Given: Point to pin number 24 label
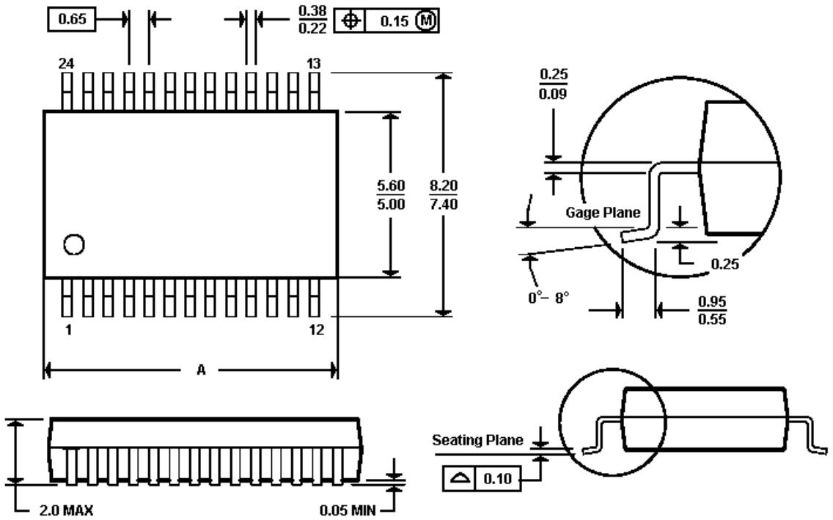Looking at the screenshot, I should click(66, 64).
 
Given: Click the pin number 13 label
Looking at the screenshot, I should click(314, 64).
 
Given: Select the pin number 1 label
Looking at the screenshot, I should click(68, 329).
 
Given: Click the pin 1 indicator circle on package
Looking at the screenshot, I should click(73, 243).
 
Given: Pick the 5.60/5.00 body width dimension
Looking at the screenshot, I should click(391, 194).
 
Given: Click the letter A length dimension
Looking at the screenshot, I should click(201, 370).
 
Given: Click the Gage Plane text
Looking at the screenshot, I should click(603, 213).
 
